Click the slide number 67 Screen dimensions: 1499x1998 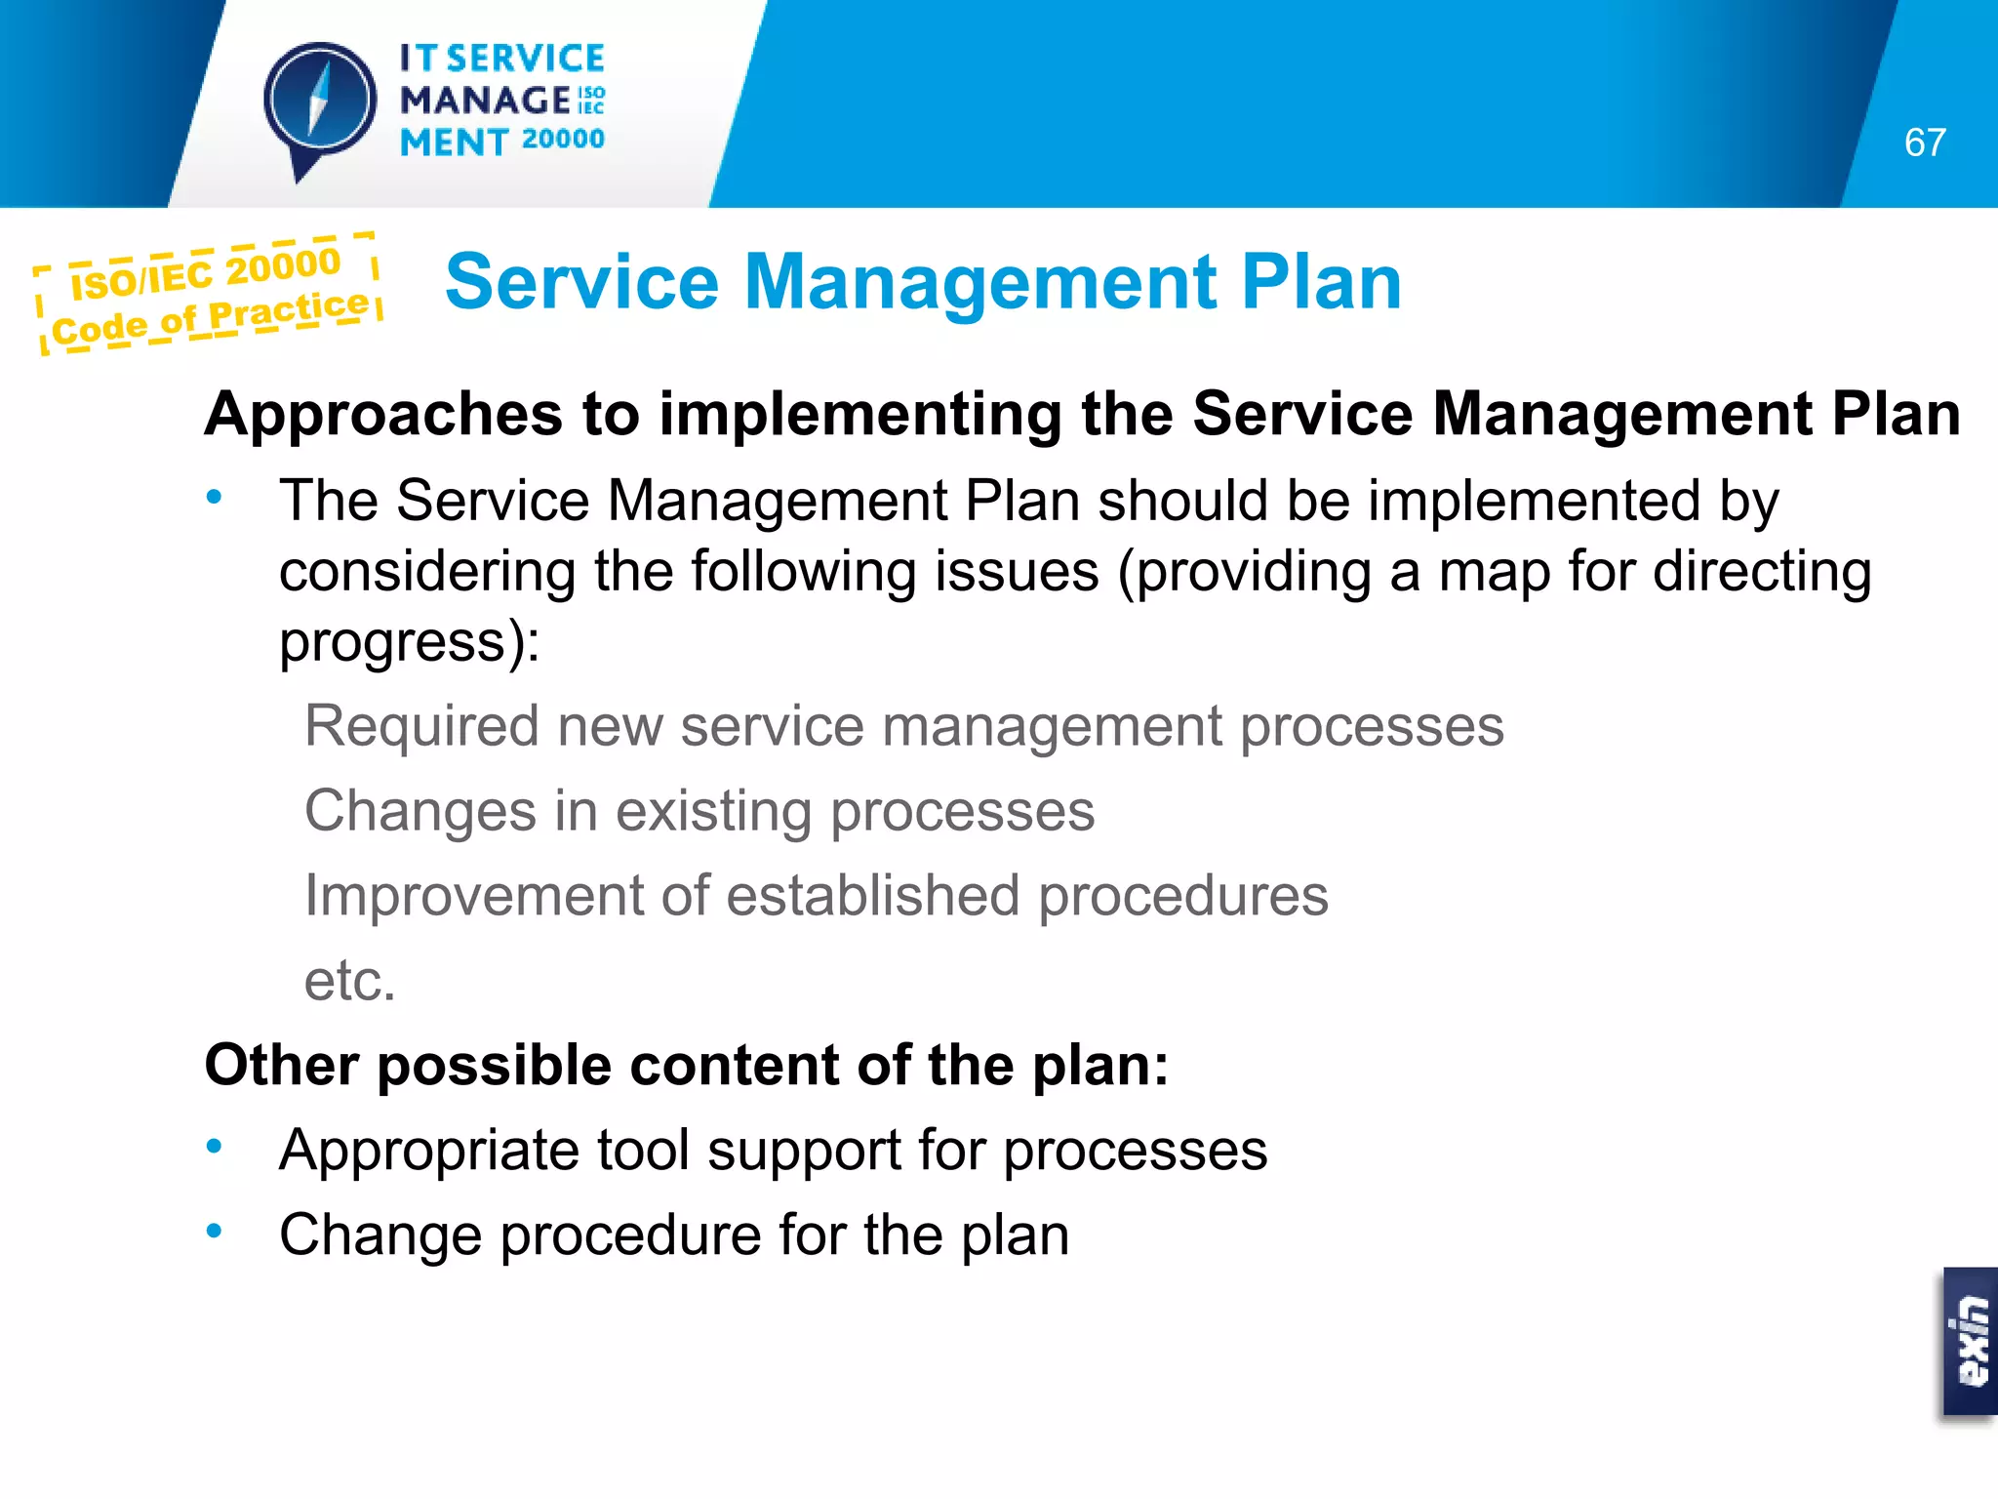click(x=1924, y=143)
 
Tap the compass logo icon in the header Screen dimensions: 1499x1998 click(x=319, y=103)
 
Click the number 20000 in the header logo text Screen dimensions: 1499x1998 click(x=563, y=140)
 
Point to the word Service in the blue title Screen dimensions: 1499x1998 click(x=581, y=282)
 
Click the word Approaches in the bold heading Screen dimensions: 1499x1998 click(x=383, y=414)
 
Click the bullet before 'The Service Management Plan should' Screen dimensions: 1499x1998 click(x=215, y=498)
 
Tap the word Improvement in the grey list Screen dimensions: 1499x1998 click(x=473, y=896)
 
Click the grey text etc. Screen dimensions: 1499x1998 click(x=349, y=981)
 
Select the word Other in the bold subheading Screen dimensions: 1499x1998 click(x=281, y=1065)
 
